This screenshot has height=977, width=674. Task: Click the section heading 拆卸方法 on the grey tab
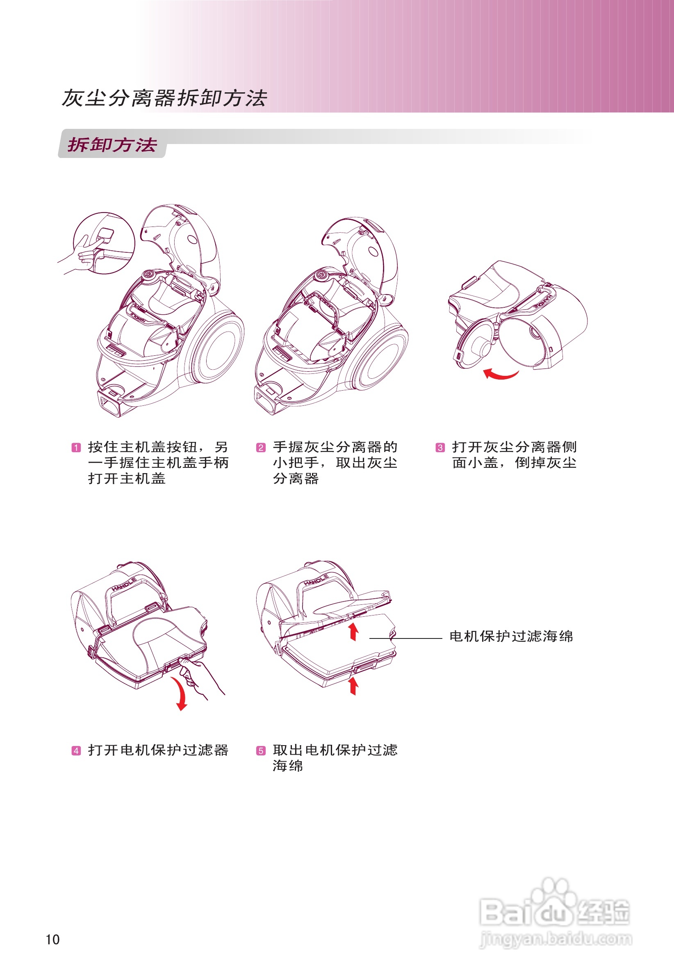pyautogui.click(x=112, y=145)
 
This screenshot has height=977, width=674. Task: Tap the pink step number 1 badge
pyautogui.click(x=76, y=448)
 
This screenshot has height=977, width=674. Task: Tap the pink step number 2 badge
pyautogui.click(x=261, y=448)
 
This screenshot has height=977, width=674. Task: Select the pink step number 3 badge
pyautogui.click(x=440, y=448)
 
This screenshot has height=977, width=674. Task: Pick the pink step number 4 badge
pyautogui.click(x=76, y=750)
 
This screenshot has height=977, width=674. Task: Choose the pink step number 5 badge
pyautogui.click(x=261, y=750)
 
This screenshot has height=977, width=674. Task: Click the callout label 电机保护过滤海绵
pyautogui.click(x=511, y=636)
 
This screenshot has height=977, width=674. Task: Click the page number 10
pyautogui.click(x=53, y=939)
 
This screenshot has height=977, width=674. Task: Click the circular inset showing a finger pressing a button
pyautogui.click(x=104, y=243)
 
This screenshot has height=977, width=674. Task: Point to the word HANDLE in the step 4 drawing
pyautogui.click(x=124, y=584)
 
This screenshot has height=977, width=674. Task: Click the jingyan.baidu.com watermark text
pyautogui.click(x=556, y=939)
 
